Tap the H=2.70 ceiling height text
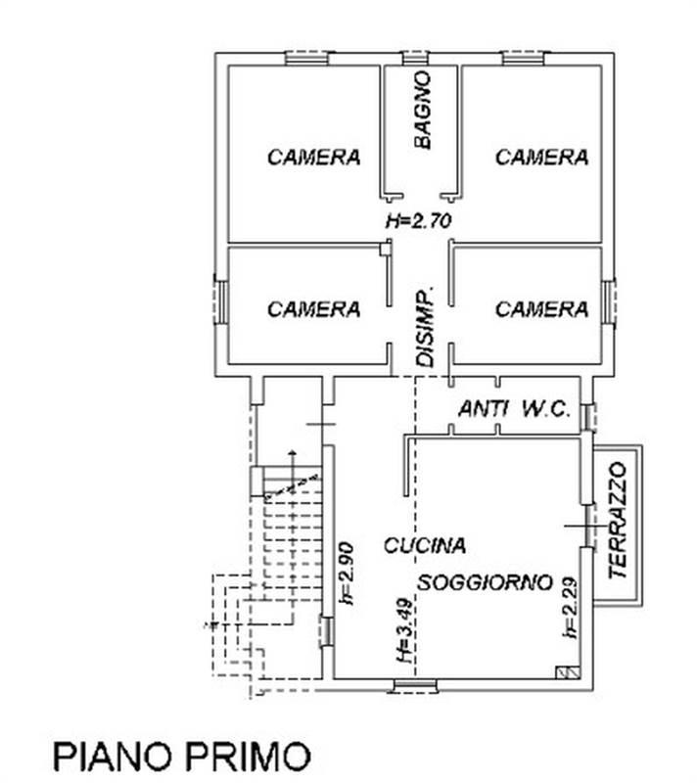click(418, 221)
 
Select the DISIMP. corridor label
click(424, 329)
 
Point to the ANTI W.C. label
click(514, 410)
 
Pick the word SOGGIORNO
click(487, 581)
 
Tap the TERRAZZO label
click(617, 523)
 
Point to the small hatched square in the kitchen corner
click(565, 672)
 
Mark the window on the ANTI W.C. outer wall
click(588, 416)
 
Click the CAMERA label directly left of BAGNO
click(313, 157)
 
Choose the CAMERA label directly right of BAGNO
click(541, 157)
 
